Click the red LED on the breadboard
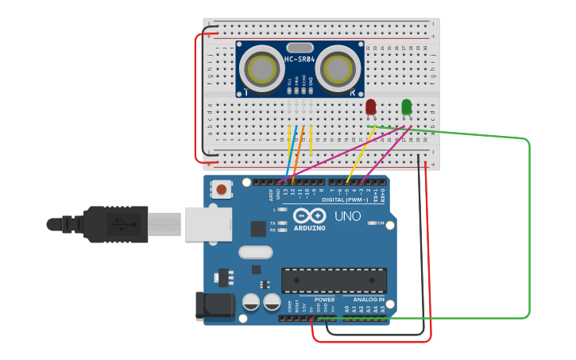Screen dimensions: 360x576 [x=371, y=106]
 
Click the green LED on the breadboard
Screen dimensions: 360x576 [x=407, y=106]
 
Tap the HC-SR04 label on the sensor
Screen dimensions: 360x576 [x=300, y=60]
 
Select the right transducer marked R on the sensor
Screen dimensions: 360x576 [x=338, y=69]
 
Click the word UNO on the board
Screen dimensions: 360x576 [x=348, y=216]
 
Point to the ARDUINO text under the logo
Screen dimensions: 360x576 [x=309, y=228]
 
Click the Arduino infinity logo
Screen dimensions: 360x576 [x=309, y=215]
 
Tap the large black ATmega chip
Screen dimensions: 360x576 [x=334, y=280]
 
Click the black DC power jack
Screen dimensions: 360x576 [x=213, y=307]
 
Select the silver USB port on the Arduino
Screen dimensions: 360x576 [x=207, y=224]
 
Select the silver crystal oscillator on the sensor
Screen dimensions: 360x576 [x=299, y=48]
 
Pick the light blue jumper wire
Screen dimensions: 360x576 [x=291, y=151]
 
